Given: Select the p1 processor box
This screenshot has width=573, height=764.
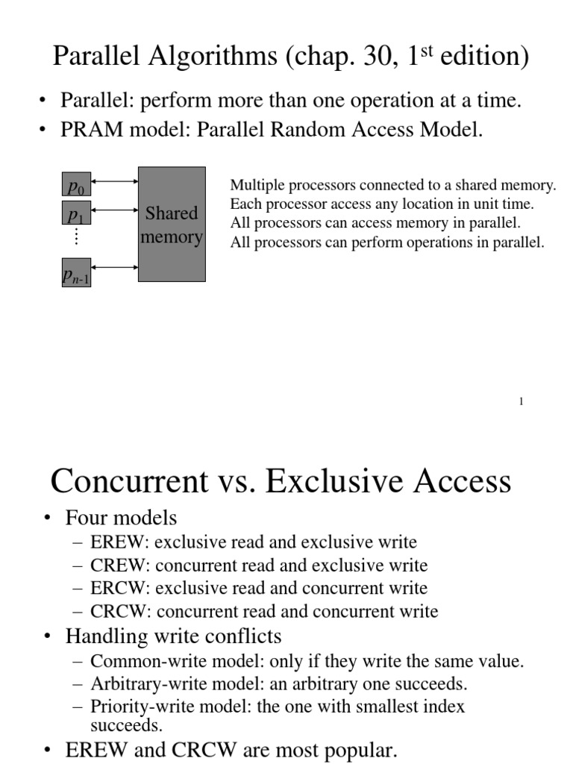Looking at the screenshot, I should tap(76, 216).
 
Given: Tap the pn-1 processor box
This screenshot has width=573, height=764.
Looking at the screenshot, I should tap(76, 273).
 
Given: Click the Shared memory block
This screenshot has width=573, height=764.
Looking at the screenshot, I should tap(172, 224).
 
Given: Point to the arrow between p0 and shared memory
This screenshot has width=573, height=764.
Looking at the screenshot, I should tap(114, 181).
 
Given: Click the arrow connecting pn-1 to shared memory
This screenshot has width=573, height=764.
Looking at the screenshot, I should tap(114, 267).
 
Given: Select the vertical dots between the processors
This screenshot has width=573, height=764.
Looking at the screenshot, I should tap(76, 237).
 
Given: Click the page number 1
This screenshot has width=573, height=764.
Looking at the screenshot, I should tap(521, 402).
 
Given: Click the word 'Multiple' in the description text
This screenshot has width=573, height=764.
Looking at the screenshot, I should tap(255, 186).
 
